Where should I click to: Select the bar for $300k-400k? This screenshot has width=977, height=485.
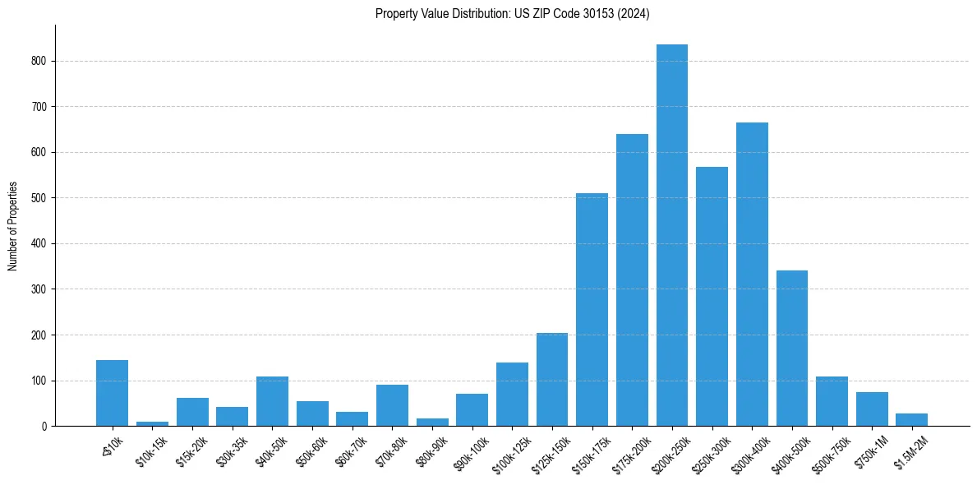(x=752, y=275)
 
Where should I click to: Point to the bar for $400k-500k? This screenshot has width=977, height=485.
(x=792, y=349)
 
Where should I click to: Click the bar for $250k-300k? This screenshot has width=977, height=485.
(x=712, y=297)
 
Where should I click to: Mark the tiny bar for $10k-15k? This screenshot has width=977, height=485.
(x=152, y=423)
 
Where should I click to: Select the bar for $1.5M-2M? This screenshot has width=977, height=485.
(x=911, y=420)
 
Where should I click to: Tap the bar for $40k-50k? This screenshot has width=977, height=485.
(x=272, y=401)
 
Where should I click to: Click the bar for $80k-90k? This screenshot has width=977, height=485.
(x=432, y=423)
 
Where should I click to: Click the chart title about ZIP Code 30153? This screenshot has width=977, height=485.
(x=512, y=14)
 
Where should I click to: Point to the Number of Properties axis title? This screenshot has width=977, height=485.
(x=12, y=225)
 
